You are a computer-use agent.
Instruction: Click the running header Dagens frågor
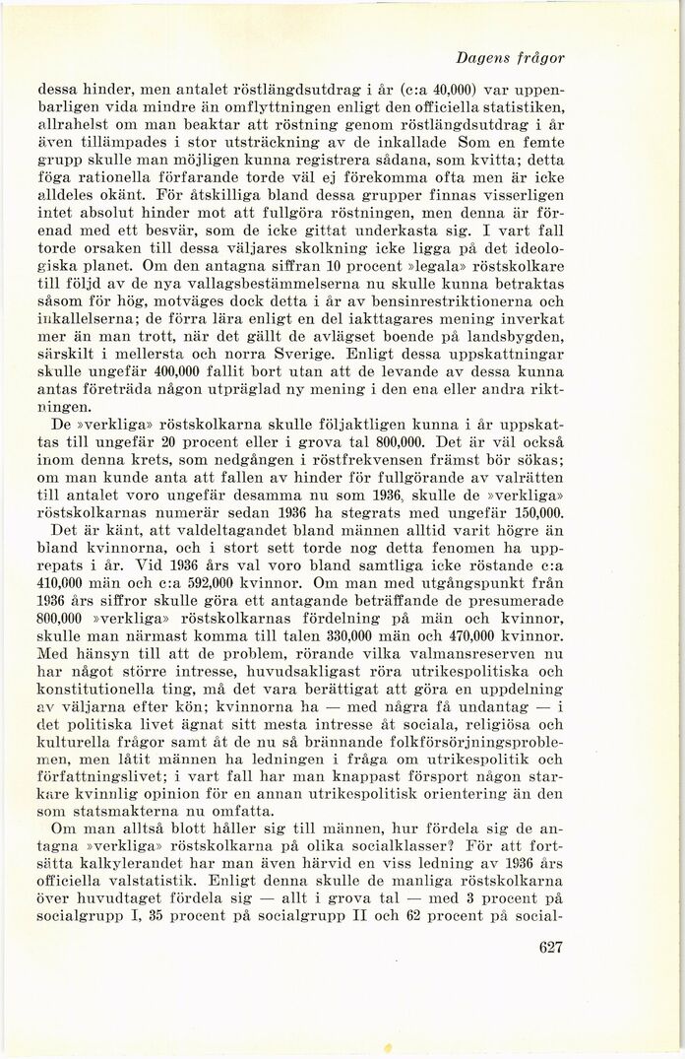coord(523,58)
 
